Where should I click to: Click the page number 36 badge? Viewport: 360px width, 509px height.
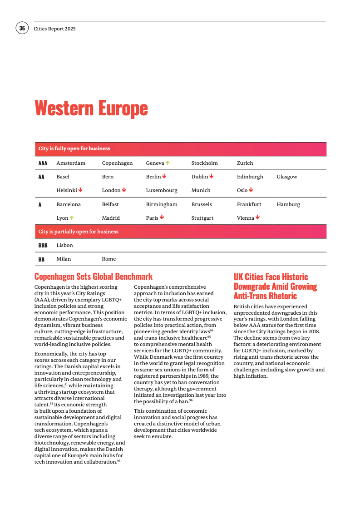pyautogui.click(x=22, y=28)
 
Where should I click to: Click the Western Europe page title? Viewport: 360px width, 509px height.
pyautogui.click(x=91, y=109)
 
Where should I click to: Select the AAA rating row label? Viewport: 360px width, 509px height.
pyautogui.click(x=43, y=163)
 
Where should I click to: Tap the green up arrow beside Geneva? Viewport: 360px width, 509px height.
pyautogui.click(x=168, y=163)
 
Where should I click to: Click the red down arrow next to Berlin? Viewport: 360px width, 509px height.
pyautogui.click(x=164, y=176)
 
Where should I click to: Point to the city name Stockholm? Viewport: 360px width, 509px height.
pyautogui.click(x=204, y=163)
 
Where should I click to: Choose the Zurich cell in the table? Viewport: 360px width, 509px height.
pyautogui.click(x=245, y=163)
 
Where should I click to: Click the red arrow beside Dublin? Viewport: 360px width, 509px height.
pyautogui.click(x=212, y=176)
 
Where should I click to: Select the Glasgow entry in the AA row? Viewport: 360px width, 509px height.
pyautogui.click(x=287, y=177)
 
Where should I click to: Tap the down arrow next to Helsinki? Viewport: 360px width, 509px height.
pyautogui.click(x=80, y=190)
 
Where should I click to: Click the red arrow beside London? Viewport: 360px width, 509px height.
pyautogui.click(x=124, y=190)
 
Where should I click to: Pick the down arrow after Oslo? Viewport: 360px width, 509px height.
pyautogui.click(x=251, y=190)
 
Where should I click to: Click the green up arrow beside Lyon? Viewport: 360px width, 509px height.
pyautogui.click(x=72, y=218)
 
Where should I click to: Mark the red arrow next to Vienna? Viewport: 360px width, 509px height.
pyautogui.click(x=258, y=217)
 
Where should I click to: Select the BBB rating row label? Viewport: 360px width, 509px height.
pyautogui.click(x=43, y=245)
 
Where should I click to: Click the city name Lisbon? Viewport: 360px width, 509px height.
pyautogui.click(x=64, y=245)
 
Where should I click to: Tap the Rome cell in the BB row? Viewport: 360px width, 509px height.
pyautogui.click(x=109, y=259)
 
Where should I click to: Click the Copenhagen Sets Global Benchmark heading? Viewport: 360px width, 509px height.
pyautogui.click(x=94, y=277)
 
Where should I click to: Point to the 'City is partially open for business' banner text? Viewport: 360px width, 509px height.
pyautogui.click(x=78, y=232)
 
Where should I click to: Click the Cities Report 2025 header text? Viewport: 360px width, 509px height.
pyautogui.click(x=54, y=29)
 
